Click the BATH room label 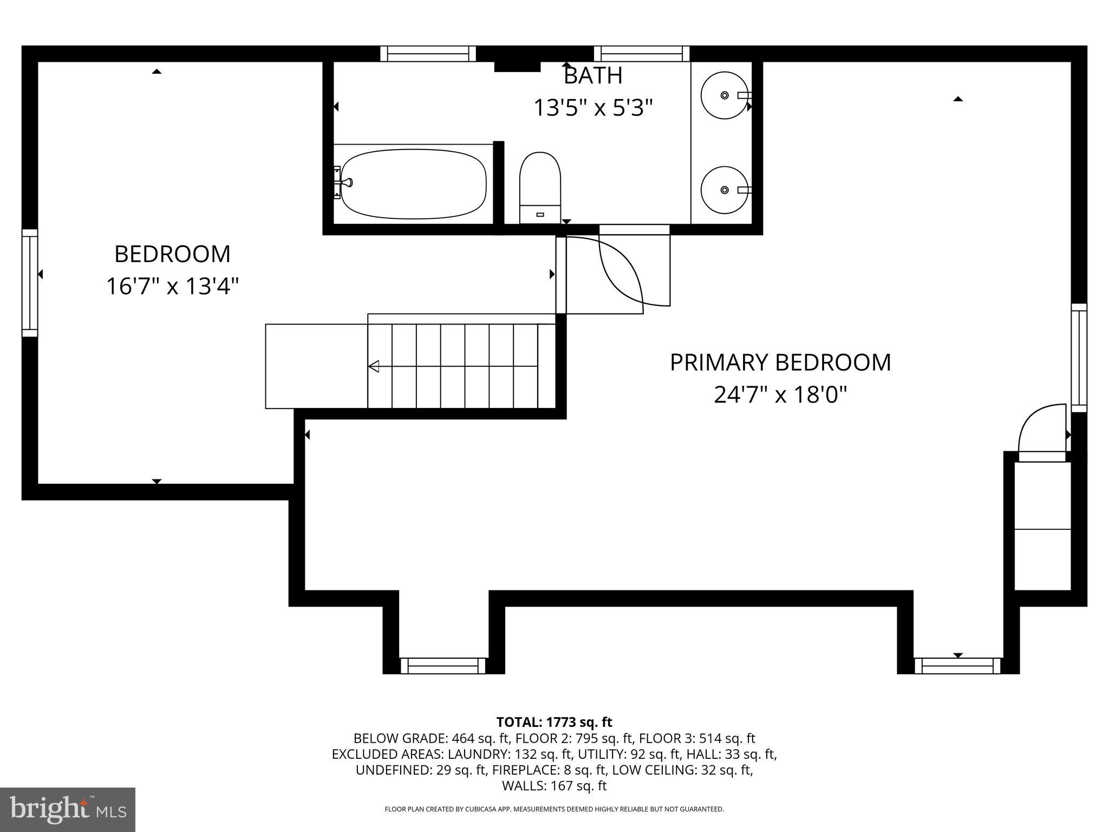point(593,76)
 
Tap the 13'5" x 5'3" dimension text point(593,108)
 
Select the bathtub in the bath point(414,184)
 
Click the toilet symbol point(540,187)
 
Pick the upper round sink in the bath point(724,95)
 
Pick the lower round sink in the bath point(724,190)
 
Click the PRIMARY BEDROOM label point(780,362)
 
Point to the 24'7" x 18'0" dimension point(780,395)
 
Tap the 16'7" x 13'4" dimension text point(172,286)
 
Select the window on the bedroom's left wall point(30,283)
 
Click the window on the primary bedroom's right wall point(1079,357)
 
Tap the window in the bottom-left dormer point(443,665)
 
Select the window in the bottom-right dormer point(957,665)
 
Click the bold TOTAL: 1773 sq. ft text point(554,722)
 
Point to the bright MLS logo point(68,809)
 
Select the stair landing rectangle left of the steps point(316,366)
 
